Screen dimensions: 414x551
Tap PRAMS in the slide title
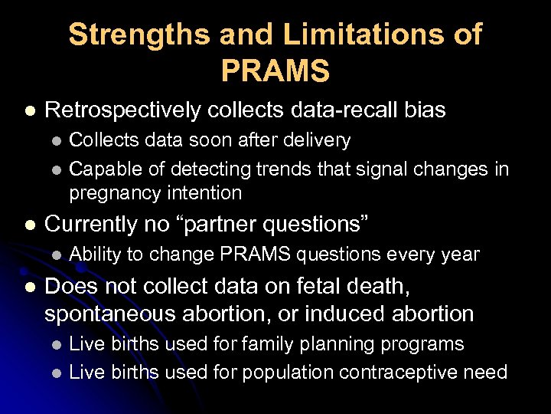point(275,71)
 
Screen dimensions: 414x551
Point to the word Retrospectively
point(125,110)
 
